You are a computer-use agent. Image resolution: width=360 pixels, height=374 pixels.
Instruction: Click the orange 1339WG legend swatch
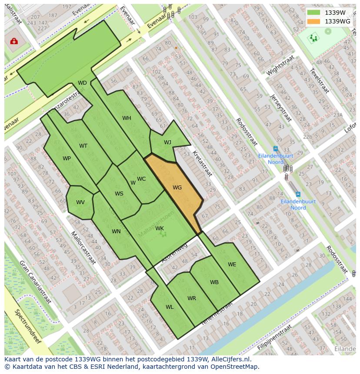(x=313, y=21)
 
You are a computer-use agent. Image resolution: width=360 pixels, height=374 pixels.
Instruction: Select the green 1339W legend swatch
(x=313, y=13)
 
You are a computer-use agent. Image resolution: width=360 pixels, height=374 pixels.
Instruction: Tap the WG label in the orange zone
(x=177, y=188)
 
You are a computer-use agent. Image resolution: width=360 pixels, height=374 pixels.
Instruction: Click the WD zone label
(x=82, y=83)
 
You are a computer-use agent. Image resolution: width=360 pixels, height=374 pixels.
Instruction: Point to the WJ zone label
(x=167, y=142)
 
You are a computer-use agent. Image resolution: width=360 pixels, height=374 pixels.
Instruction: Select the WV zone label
(x=80, y=202)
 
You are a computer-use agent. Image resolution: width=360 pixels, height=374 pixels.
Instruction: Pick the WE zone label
(x=232, y=264)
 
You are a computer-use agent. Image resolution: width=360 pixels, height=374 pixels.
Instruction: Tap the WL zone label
(x=170, y=307)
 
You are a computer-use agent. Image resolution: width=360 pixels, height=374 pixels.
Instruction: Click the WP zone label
(x=67, y=159)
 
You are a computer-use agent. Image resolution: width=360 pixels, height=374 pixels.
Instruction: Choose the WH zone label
(x=127, y=118)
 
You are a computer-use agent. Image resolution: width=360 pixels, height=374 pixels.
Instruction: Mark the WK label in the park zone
(x=160, y=228)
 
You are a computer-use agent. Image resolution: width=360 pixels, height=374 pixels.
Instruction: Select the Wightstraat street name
(x=280, y=65)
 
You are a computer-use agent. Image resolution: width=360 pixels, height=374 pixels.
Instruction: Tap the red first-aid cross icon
(x=14, y=41)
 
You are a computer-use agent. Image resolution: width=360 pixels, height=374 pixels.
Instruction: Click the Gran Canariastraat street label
(x=35, y=282)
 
